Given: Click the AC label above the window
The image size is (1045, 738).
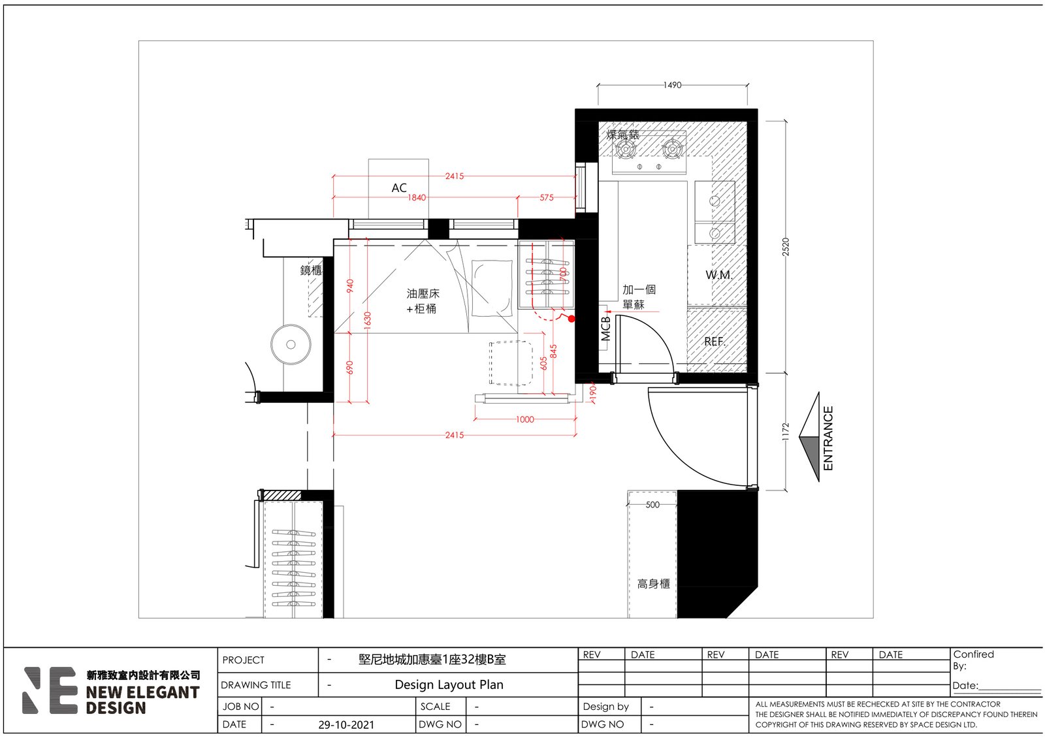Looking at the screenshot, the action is point(399,188).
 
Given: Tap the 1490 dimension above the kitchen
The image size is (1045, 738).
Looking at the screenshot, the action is point(672,85).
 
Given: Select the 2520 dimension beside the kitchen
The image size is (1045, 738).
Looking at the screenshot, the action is point(786,247).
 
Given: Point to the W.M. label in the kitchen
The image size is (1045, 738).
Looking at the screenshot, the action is point(719,275).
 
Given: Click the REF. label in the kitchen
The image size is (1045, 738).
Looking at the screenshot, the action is point(715,342).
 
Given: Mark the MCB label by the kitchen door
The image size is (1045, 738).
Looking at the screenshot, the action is point(605,329).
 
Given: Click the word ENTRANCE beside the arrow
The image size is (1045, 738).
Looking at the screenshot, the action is point(828,438).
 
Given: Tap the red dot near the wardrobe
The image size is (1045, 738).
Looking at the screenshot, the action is point(571,319).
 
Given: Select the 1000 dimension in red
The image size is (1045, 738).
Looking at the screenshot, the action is point(525,419).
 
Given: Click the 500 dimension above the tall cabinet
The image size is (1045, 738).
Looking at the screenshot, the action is point(652,505).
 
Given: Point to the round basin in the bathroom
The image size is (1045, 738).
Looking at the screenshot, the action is point(291,344).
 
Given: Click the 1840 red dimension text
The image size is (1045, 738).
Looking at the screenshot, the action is point(417,198).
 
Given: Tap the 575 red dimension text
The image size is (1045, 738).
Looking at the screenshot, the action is point(547,197).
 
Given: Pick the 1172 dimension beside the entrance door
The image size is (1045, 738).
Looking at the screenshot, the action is point(786,432).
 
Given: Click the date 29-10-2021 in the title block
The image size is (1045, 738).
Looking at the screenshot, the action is point(346,724).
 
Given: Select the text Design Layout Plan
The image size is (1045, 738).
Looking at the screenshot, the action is point(449,684).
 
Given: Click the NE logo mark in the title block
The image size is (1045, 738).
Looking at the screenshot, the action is point(50,690).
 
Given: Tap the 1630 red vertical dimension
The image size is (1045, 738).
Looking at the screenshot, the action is point(368,320).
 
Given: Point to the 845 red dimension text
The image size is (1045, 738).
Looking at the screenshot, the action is point(553,351).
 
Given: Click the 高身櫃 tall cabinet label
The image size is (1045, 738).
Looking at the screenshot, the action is point(654,584).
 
